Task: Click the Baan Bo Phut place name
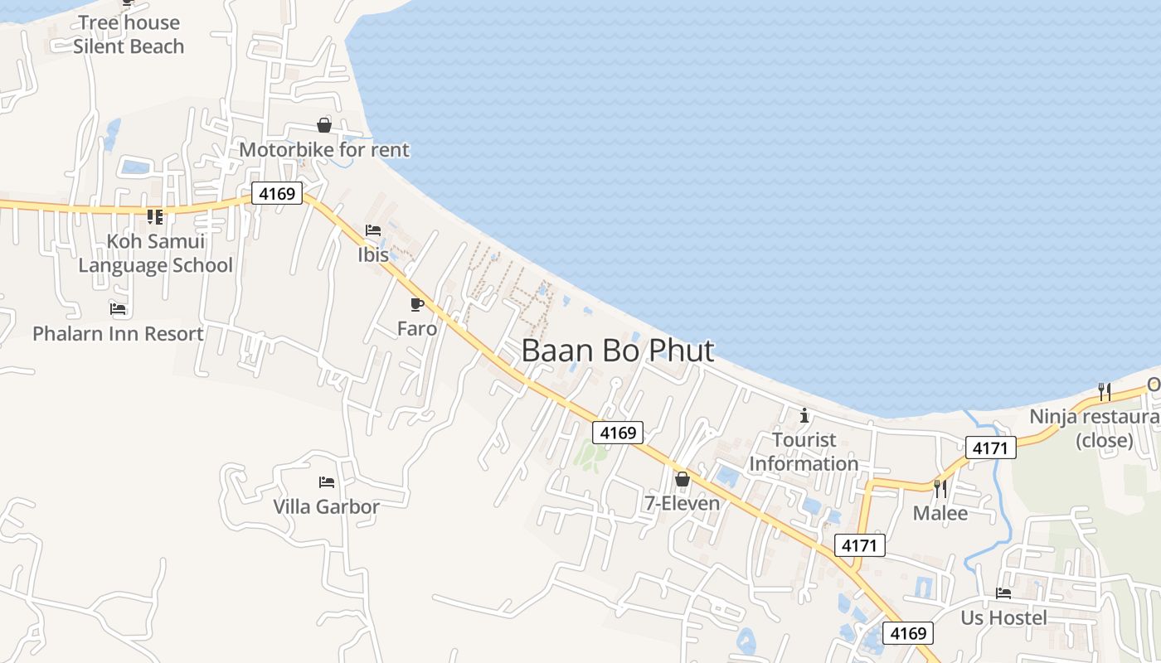(x=617, y=351)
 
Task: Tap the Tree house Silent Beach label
(x=129, y=35)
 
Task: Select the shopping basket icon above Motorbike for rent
(x=324, y=125)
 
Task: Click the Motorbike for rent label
(x=324, y=150)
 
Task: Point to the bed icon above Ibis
(x=373, y=230)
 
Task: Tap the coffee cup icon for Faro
(x=417, y=305)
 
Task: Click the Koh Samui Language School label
(x=155, y=254)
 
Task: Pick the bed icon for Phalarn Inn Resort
(x=118, y=309)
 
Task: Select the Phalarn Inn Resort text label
(x=118, y=334)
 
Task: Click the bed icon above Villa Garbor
(x=327, y=482)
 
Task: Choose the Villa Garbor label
(x=327, y=506)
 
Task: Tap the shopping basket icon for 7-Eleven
(x=682, y=479)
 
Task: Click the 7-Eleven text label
(x=682, y=503)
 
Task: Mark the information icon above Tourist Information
(x=804, y=415)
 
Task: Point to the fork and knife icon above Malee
(x=940, y=489)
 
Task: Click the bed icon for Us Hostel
(x=1003, y=593)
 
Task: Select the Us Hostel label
(x=1003, y=617)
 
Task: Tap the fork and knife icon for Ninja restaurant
(x=1104, y=392)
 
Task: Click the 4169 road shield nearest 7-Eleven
(x=618, y=433)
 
